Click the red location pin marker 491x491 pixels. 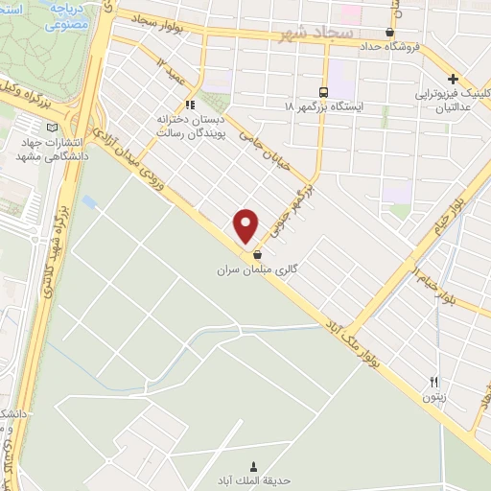click(x=246, y=225)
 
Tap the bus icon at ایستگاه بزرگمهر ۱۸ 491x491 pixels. click(x=322, y=92)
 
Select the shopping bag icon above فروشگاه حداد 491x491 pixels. click(x=389, y=32)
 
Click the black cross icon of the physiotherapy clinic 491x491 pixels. click(x=453, y=80)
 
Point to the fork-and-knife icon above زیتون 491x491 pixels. click(x=433, y=382)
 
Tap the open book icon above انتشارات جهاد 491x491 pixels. click(x=52, y=126)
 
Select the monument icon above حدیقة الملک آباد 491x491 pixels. click(x=253, y=462)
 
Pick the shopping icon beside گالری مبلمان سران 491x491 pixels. click(x=258, y=256)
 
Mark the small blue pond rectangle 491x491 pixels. click(x=89, y=202)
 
